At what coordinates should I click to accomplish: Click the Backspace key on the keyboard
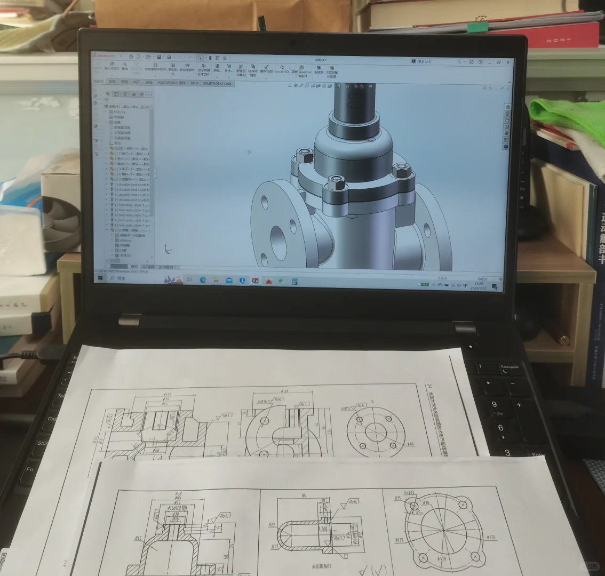510,367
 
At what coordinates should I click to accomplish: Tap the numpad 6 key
500,428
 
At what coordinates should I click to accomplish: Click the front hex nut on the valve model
336,183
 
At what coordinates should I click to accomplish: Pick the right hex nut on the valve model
401,171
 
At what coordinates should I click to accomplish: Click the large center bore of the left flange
277,234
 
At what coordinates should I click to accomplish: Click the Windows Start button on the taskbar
98,278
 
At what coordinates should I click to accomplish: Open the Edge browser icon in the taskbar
203,280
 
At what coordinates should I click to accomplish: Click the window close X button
507,62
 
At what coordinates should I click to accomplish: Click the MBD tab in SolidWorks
194,83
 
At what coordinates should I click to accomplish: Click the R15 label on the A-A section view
138,538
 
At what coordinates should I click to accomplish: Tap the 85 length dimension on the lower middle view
304,495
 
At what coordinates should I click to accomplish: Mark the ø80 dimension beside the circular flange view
410,443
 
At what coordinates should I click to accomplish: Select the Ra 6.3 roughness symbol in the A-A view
225,516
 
